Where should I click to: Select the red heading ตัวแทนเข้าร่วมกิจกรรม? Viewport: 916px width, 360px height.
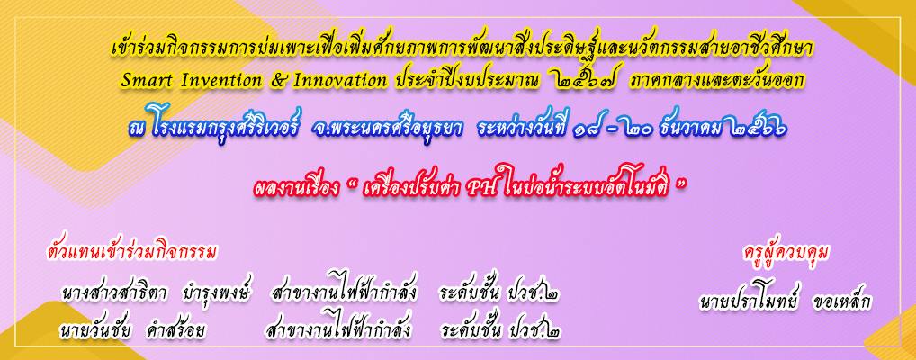pos(131,252)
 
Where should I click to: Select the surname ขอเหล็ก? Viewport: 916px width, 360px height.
pos(838,302)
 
